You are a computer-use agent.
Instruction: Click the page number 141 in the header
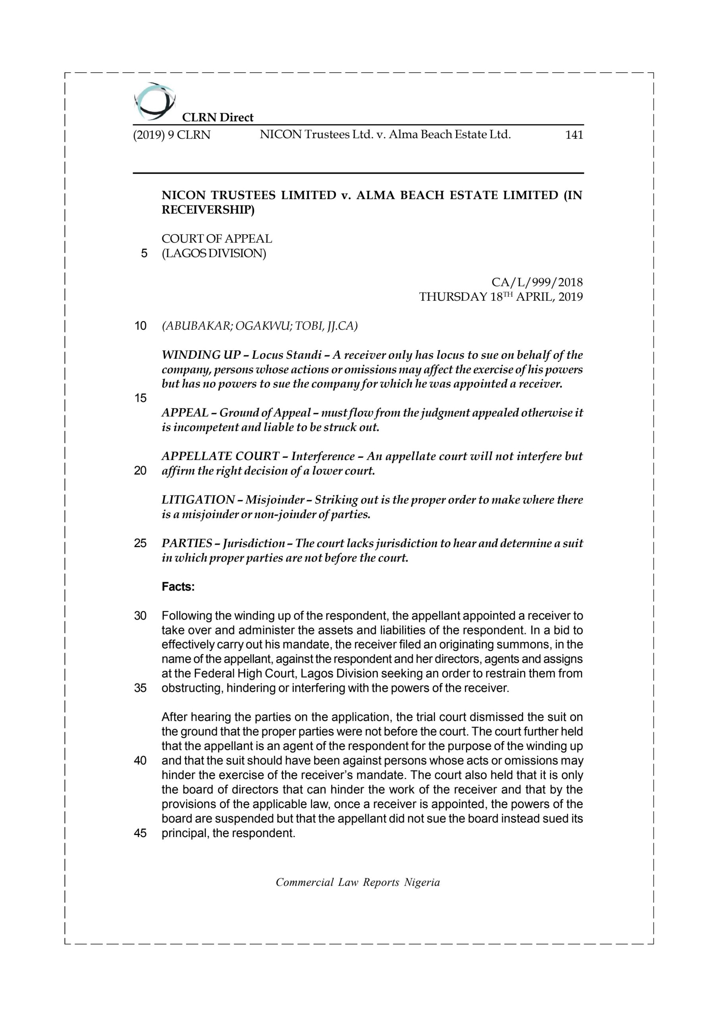coord(574,135)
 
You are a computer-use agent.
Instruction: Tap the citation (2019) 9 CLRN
coord(172,135)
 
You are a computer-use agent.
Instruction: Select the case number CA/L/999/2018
coord(537,282)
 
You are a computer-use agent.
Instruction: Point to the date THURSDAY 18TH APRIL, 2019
coord(501,297)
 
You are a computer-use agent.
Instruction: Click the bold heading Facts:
coord(178,587)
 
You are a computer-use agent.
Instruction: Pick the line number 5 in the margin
coord(144,254)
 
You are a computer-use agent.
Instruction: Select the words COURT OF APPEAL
coord(216,239)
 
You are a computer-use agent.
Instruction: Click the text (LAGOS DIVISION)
coord(214,253)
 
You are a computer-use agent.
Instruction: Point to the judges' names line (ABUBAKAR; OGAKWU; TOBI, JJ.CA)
coord(260,326)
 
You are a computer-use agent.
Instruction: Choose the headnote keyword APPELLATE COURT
coord(220,456)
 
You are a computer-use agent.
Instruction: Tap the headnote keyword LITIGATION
coord(198,500)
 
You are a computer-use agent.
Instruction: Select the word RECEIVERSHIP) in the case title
coord(208,210)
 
